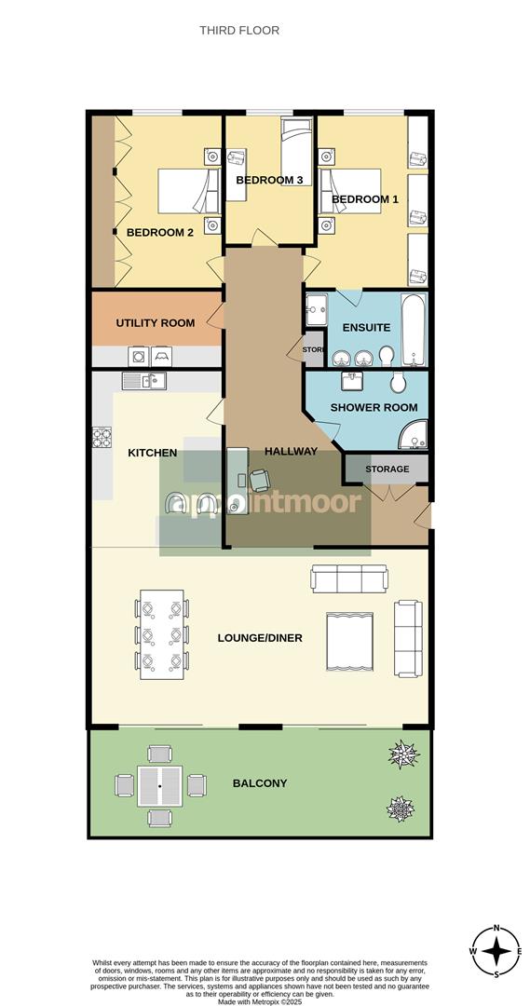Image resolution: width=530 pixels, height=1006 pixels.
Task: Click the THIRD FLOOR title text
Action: click(239, 31)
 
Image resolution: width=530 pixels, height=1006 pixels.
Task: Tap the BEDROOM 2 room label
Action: click(160, 232)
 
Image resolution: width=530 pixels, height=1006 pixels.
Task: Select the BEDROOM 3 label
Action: click(270, 180)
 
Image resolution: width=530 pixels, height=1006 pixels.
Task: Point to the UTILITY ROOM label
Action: click(156, 323)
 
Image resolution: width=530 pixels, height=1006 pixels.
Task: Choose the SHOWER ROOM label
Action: click(374, 408)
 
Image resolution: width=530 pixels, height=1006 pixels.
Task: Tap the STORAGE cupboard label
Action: click(387, 469)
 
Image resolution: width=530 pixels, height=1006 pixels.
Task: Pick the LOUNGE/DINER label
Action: click(260, 638)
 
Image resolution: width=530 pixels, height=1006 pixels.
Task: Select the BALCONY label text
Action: click(260, 783)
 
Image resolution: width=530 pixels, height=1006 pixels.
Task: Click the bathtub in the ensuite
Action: click(413, 331)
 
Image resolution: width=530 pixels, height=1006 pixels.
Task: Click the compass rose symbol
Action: click(498, 951)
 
